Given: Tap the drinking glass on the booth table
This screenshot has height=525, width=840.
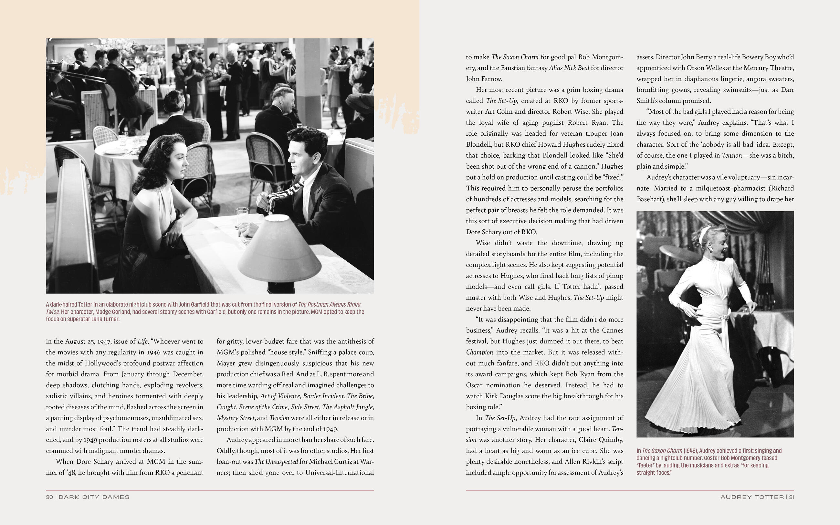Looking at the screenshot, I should (x=242, y=217).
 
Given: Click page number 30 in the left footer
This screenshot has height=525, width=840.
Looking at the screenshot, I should (x=49, y=497).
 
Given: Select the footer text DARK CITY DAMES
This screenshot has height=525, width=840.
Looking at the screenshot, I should (x=94, y=497).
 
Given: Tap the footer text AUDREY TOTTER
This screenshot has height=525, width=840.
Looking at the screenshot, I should (x=752, y=497).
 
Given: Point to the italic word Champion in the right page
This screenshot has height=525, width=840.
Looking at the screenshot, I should (x=479, y=352).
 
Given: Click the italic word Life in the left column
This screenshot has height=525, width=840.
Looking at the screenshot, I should (x=142, y=341).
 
